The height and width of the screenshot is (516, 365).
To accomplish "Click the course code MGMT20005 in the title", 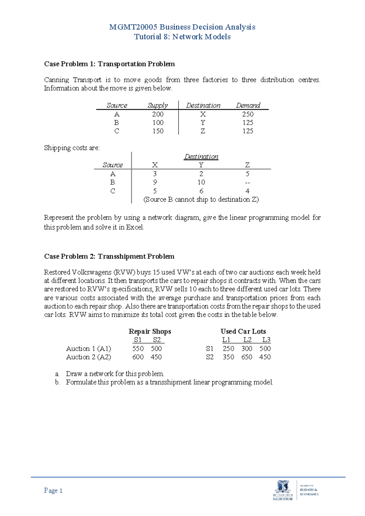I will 133,27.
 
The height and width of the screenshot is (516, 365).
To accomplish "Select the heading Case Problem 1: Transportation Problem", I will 109,64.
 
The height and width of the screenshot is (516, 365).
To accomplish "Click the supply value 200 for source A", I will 158,114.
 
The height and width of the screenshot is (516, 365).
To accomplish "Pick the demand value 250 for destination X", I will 248,114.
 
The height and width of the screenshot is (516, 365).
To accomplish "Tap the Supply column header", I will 158,105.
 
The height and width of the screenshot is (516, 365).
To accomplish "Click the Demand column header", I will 248,105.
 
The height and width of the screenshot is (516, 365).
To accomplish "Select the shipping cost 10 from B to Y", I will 201,182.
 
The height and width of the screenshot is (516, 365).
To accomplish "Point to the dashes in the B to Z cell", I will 247,183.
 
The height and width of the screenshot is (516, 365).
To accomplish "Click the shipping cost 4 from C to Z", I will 247,191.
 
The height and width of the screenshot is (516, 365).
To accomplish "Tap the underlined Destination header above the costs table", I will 201,157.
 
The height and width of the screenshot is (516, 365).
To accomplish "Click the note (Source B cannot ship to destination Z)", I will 201,200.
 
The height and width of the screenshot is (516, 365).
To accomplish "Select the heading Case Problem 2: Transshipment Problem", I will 109,256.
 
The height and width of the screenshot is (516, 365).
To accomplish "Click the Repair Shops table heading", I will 150,331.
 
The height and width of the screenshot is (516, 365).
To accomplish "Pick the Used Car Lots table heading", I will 243,331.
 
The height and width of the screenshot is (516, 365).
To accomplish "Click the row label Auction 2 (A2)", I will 89,357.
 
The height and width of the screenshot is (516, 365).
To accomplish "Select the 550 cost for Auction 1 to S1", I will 138,349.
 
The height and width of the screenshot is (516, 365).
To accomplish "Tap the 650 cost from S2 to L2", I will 247,357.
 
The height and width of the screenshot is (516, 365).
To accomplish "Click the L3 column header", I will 266,340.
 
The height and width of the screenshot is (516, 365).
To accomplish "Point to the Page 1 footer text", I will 53,490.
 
